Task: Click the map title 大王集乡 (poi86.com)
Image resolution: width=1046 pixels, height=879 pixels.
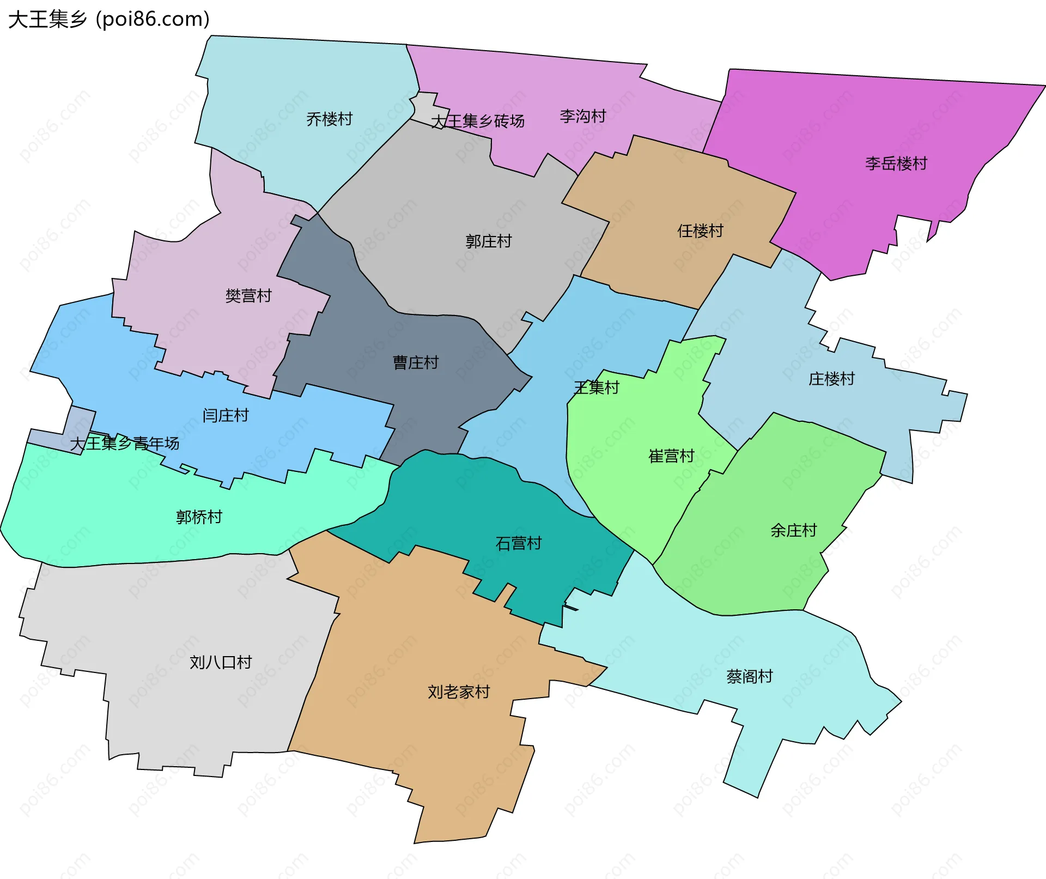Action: [x=109, y=20]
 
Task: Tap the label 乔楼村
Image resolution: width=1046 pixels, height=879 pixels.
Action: [x=330, y=119]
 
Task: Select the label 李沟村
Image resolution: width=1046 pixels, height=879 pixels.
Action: [x=583, y=116]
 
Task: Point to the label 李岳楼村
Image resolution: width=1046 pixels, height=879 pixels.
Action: [x=896, y=163]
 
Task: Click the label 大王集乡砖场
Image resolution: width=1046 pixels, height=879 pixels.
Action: [x=478, y=121]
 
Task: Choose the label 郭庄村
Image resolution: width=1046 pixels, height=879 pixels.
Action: [x=489, y=241]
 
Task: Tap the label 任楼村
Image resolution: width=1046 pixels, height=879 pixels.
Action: [x=700, y=231]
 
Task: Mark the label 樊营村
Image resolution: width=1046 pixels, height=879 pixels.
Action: [x=248, y=296]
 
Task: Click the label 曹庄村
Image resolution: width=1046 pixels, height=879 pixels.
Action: [x=416, y=362]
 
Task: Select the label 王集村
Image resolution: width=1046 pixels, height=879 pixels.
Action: [x=597, y=387]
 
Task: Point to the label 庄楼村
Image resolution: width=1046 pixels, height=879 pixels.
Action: [x=831, y=379]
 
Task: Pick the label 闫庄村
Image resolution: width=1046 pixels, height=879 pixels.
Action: [x=226, y=416]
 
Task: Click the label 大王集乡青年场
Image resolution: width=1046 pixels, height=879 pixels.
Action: [x=125, y=444]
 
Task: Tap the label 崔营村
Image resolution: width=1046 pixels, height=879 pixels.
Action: [x=671, y=456]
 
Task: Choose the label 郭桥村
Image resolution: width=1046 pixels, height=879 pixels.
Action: [x=199, y=517]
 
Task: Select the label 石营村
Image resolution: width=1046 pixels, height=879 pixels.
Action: [x=519, y=543]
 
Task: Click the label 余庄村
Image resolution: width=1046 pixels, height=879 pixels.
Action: [x=794, y=530]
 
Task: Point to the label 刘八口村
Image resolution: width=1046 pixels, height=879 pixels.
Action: [x=221, y=662]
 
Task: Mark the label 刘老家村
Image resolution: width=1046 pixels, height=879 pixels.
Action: [x=459, y=692]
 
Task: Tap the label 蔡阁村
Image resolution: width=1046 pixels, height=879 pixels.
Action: [x=750, y=676]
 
